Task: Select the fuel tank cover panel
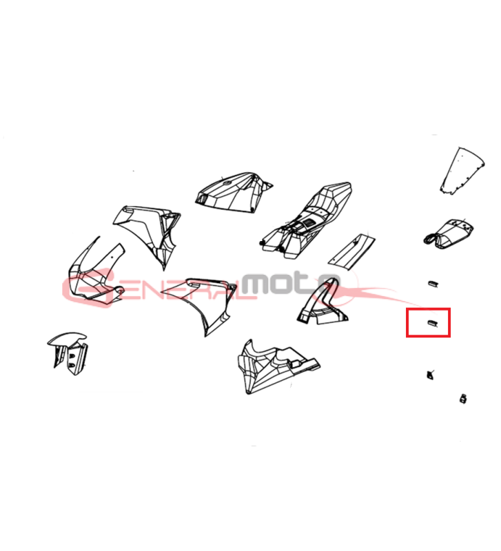click(232, 193)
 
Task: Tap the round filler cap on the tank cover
click(227, 183)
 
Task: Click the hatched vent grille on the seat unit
click(309, 222)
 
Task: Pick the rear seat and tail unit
click(306, 221)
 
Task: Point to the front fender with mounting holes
click(68, 353)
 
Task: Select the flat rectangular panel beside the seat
click(351, 252)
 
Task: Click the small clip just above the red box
click(433, 284)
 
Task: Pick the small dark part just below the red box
click(430, 375)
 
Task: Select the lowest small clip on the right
click(463, 399)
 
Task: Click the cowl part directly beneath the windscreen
click(448, 233)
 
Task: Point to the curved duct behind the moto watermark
click(322, 302)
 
